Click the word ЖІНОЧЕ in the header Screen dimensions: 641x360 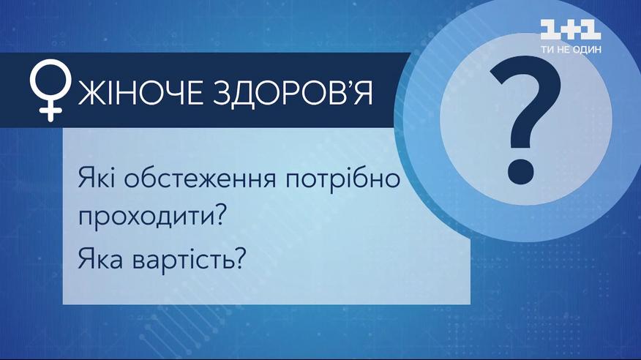click(x=140, y=93)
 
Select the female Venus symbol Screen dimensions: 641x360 click(x=50, y=90)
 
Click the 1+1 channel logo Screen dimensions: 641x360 click(x=571, y=30)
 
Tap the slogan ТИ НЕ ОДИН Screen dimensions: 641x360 click(x=571, y=50)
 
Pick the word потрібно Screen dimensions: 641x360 click(x=342, y=181)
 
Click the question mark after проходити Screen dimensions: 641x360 click(x=221, y=215)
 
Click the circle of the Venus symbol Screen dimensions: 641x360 click(x=50, y=79)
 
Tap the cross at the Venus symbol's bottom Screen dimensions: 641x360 click(x=50, y=110)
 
